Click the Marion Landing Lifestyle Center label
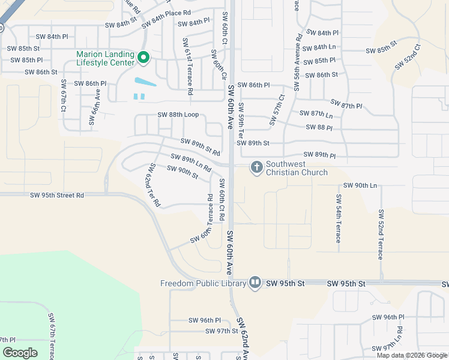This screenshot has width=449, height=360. click(x=106, y=58)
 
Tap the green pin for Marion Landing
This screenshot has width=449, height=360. click(x=143, y=58)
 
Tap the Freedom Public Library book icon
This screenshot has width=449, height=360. click(x=255, y=283)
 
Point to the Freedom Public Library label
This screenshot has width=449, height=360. click(x=203, y=283)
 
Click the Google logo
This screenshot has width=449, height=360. click(x=20, y=353)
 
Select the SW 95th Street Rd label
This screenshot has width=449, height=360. click(x=57, y=195)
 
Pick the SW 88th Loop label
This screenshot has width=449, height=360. click(x=178, y=115)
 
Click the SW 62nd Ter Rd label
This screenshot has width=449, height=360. click(x=154, y=185)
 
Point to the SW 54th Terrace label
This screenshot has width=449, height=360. click(x=339, y=218)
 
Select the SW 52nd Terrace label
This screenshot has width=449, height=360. click(x=380, y=234)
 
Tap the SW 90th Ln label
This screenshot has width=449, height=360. click(x=365, y=185)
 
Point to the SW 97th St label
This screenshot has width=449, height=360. click(x=221, y=331)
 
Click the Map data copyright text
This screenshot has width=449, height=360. click(x=412, y=355)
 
